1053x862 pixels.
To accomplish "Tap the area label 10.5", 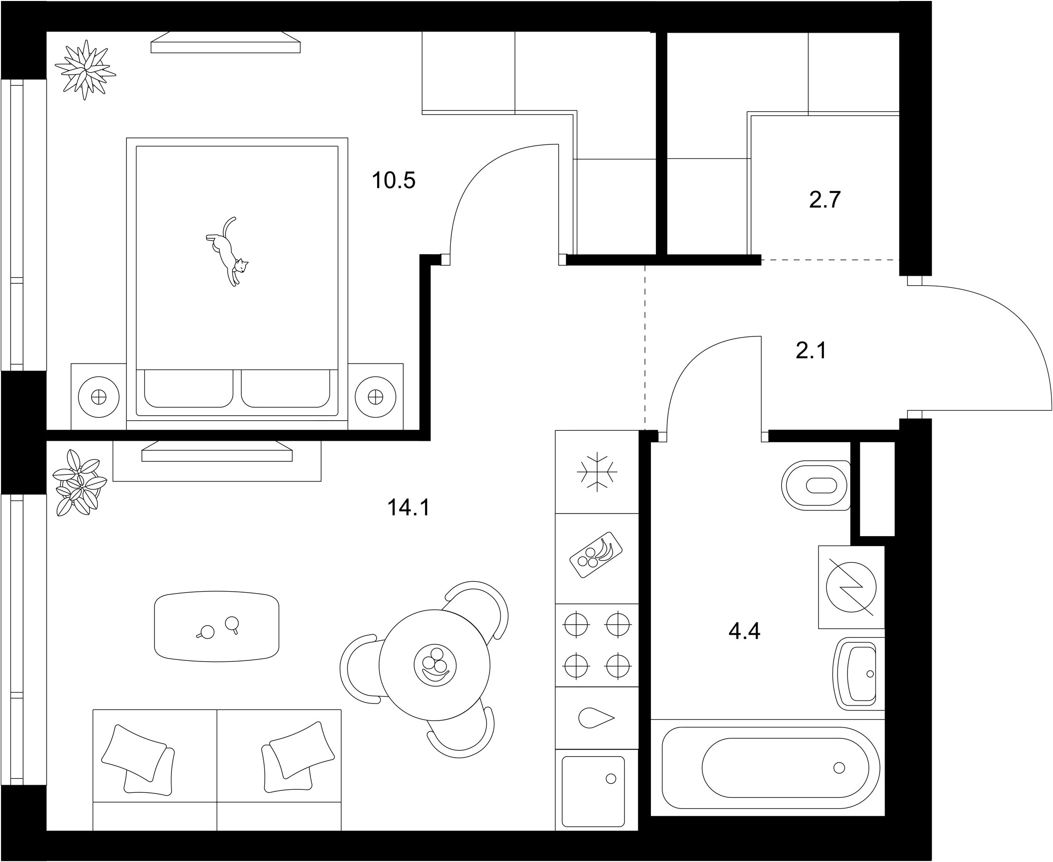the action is (x=394, y=181).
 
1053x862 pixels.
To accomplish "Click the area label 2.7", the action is (x=825, y=200).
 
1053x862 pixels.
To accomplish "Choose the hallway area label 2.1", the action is (x=811, y=350).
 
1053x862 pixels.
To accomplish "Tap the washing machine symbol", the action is (x=851, y=587).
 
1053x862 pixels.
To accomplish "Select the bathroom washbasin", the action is (x=859, y=673).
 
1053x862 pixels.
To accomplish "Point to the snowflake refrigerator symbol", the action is (x=597, y=471).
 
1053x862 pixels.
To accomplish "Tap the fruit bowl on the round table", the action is (x=435, y=666).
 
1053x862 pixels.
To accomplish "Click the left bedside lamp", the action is (x=99, y=397).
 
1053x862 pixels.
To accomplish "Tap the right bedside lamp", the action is (x=376, y=397).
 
